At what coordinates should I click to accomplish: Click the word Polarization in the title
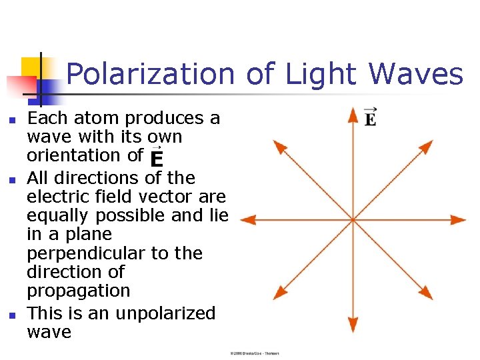click(x=151, y=75)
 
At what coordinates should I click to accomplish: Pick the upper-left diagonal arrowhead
click(x=279, y=148)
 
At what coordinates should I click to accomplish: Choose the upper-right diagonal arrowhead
click(x=427, y=148)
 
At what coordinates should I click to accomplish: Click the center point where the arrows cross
click(x=353, y=219)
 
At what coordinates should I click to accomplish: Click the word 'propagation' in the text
click(x=79, y=291)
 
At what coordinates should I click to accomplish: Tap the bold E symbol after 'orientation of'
click(x=156, y=159)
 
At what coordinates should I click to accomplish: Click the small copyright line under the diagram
click(x=253, y=353)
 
